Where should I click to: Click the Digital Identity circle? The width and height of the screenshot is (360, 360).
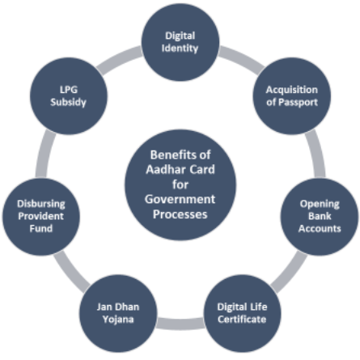[x=180, y=42]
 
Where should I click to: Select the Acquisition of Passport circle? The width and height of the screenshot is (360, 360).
[x=292, y=95]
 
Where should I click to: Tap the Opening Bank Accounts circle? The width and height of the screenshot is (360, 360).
[x=320, y=217]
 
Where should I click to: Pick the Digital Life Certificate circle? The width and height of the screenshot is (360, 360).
[x=242, y=313]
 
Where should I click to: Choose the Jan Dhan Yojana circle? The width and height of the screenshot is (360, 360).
[x=118, y=313]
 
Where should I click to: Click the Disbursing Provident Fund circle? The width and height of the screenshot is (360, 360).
[x=41, y=217]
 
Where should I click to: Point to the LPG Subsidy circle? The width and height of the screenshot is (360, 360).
[x=69, y=95]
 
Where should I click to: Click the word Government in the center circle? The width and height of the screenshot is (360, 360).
[x=180, y=200]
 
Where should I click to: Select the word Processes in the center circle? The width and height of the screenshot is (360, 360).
[x=180, y=214]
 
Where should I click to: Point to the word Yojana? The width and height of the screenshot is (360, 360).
[x=118, y=320]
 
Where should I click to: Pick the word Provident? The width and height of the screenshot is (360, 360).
[x=41, y=216]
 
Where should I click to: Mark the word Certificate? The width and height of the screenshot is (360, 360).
[x=242, y=320]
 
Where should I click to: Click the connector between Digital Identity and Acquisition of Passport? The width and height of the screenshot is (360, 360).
[x=240, y=59]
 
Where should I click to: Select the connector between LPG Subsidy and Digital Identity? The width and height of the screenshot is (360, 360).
[x=120, y=59]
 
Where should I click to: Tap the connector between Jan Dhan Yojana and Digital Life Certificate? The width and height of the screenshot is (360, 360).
[x=180, y=324]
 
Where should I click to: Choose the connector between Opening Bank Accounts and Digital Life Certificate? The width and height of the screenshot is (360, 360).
[x=290, y=272]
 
